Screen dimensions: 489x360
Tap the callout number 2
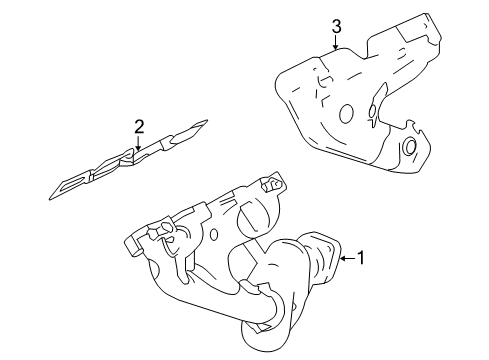tap(140, 126)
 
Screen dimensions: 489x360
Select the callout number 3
tap(337, 25)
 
